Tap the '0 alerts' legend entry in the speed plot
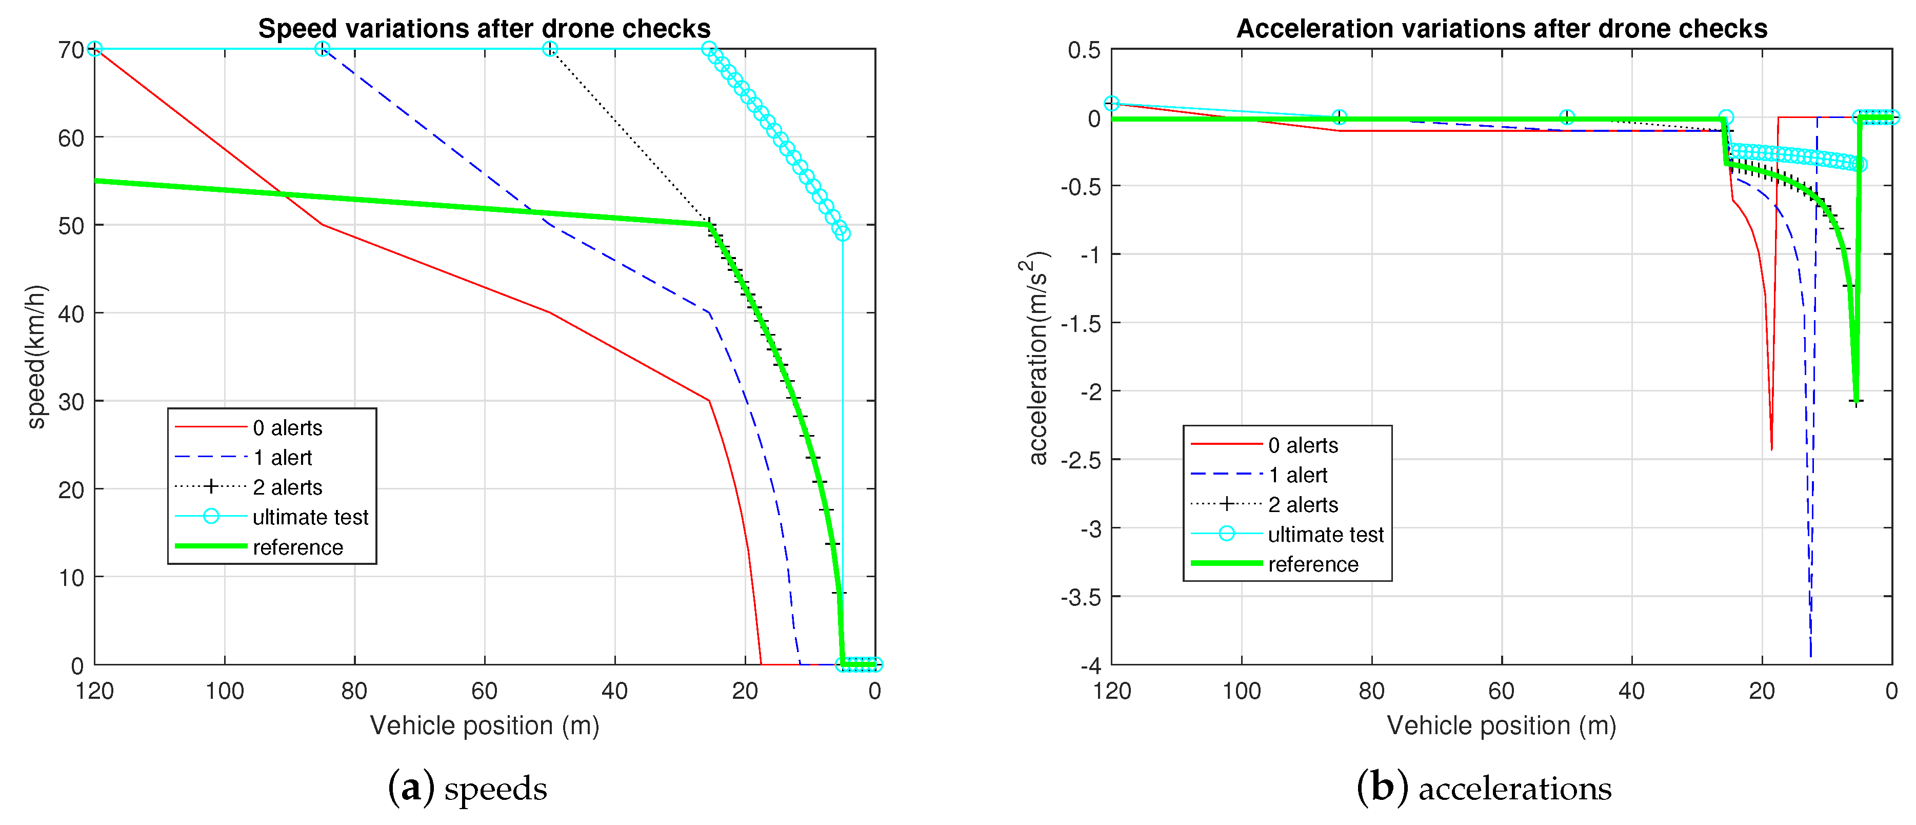coord(287,428)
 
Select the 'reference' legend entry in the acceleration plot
coord(1313,565)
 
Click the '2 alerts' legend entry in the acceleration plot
coord(1302,505)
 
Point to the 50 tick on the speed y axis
coord(71,225)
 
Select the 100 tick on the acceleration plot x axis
coord(1242,691)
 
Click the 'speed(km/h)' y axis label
coord(36,357)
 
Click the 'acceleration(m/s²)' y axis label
coord(1035,357)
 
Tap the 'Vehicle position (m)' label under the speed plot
coord(484,725)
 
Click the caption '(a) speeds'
coord(467,789)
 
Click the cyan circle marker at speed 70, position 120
coord(94,49)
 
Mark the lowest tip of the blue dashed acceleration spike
coord(1810,656)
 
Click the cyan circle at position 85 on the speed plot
coord(322,49)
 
